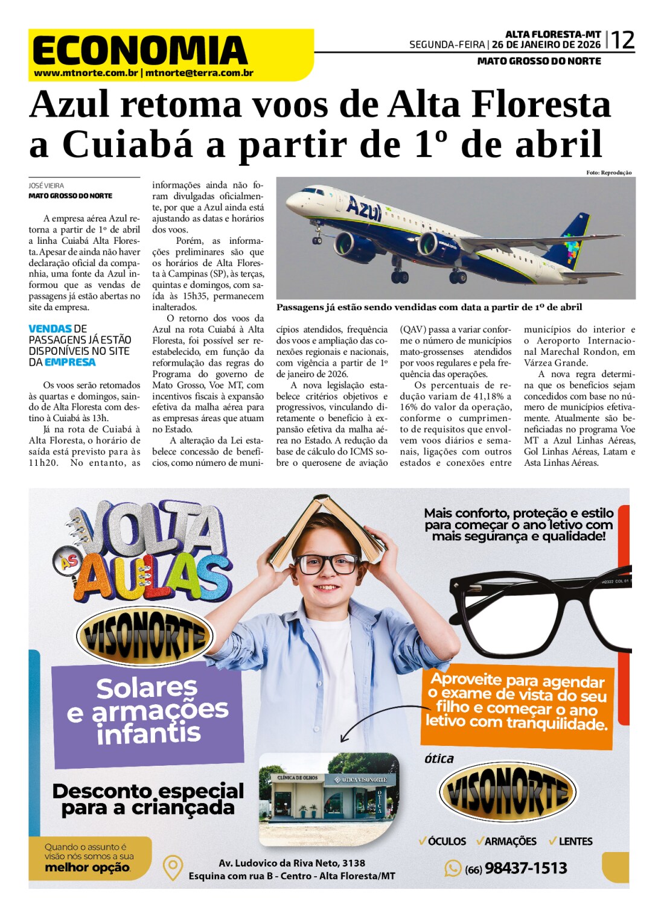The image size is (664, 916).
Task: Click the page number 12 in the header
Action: point(623,41)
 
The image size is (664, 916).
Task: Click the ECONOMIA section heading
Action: point(140,50)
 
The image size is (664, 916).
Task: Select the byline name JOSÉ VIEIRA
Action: point(46,186)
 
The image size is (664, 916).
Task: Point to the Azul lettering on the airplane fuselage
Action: point(364,209)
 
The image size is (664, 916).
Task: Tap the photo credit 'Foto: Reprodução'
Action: point(608,173)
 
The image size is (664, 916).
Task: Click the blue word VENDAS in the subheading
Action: point(50,329)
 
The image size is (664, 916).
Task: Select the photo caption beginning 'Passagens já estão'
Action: point(429,307)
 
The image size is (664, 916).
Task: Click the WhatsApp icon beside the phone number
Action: point(453,868)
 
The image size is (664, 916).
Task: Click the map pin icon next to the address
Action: point(173,868)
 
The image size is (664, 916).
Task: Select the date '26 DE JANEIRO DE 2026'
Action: point(546,45)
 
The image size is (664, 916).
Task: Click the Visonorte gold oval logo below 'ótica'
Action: point(507,792)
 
